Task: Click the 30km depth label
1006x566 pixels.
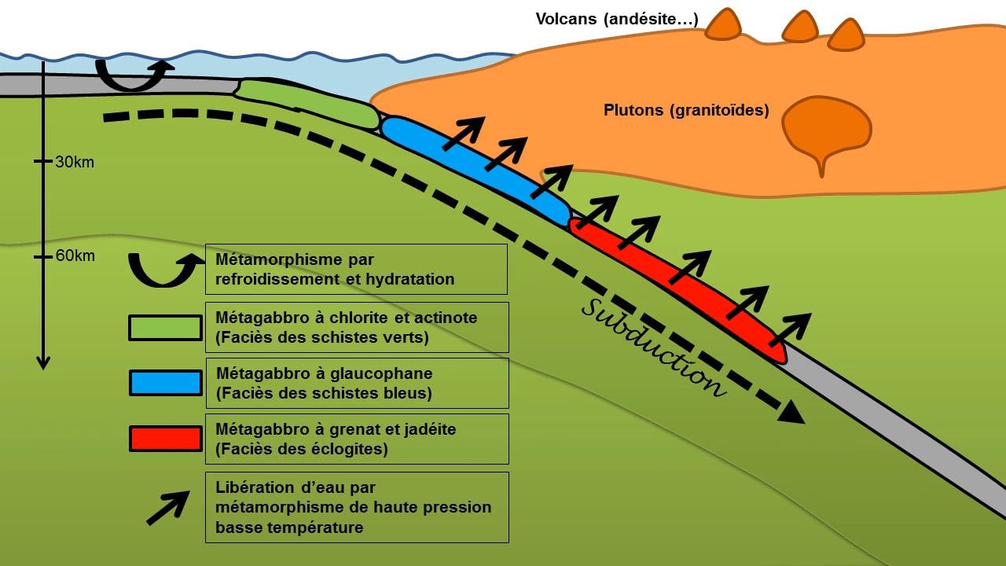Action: (x=75, y=163)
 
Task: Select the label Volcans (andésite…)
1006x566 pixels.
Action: (x=616, y=19)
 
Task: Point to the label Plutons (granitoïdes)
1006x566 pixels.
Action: (x=686, y=111)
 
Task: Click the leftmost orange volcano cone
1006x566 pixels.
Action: (x=723, y=25)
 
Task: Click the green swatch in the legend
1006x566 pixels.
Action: (x=165, y=327)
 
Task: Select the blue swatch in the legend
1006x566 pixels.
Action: (x=165, y=383)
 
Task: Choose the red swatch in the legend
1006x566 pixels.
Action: (x=165, y=439)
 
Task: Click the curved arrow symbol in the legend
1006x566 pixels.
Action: (x=164, y=269)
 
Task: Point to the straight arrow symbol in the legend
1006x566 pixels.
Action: (x=167, y=508)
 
